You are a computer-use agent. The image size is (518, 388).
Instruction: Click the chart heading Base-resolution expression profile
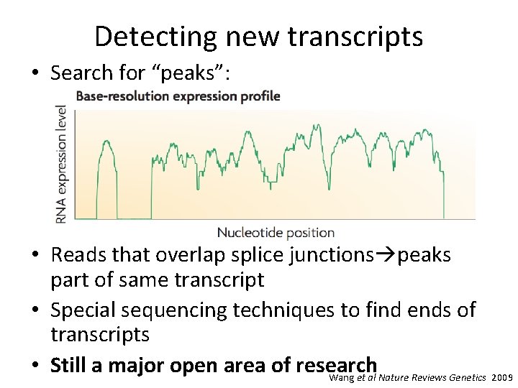(x=178, y=96)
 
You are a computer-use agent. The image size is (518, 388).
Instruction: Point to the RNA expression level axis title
(x=62, y=164)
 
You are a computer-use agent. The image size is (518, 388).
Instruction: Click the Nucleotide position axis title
(x=276, y=232)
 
